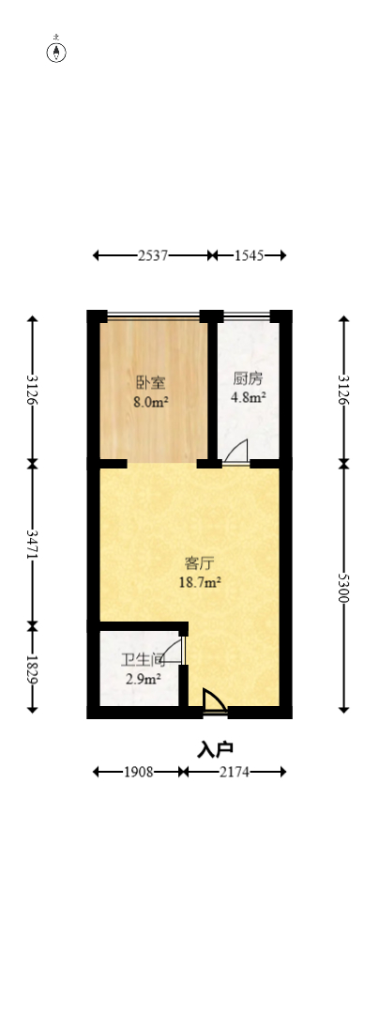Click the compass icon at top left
tap(57, 52)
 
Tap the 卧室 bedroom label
tap(150, 382)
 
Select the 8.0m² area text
tap(150, 401)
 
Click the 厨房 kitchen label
tap(249, 378)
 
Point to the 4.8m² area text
tap(249, 397)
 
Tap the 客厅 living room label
tap(200, 563)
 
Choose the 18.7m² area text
tap(201, 582)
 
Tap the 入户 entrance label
tap(215, 749)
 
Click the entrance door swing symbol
tap(213, 701)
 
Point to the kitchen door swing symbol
tap(236, 452)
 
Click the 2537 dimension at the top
tap(153, 254)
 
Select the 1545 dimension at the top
tap(249, 254)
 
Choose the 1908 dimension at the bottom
tap(138, 772)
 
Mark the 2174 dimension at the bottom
tap(235, 772)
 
